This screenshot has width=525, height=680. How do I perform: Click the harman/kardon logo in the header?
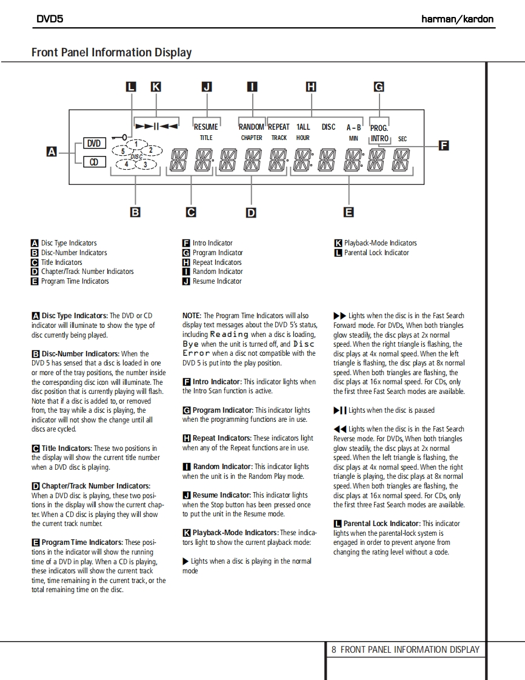tap(457, 19)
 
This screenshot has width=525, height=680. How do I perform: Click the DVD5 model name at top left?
tap(50, 19)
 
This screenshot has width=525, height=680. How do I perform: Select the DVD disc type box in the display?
tap(94, 144)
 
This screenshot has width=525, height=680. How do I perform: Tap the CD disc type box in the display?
tap(94, 162)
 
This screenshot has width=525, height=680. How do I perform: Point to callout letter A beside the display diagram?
tap(53, 152)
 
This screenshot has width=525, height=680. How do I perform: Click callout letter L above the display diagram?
tap(131, 87)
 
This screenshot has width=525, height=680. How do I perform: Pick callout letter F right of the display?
tap(444, 145)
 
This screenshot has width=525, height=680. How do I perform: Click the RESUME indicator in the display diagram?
tap(206, 127)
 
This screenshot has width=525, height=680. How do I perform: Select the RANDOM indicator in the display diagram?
tap(251, 127)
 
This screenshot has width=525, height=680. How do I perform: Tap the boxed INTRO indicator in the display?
tap(380, 138)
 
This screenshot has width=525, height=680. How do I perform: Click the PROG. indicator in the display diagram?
tap(379, 128)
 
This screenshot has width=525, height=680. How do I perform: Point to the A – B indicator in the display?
tap(353, 128)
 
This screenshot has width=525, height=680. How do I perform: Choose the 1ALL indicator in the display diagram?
tap(303, 127)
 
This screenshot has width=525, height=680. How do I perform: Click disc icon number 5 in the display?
tap(123, 152)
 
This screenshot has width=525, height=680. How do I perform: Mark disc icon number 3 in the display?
tap(145, 164)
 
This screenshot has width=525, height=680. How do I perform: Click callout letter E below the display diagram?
tap(349, 212)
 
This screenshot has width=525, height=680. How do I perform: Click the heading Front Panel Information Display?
tap(112, 53)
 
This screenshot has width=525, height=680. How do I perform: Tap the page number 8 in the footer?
tap(333, 650)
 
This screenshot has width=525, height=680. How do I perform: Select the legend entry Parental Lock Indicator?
tap(376, 253)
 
